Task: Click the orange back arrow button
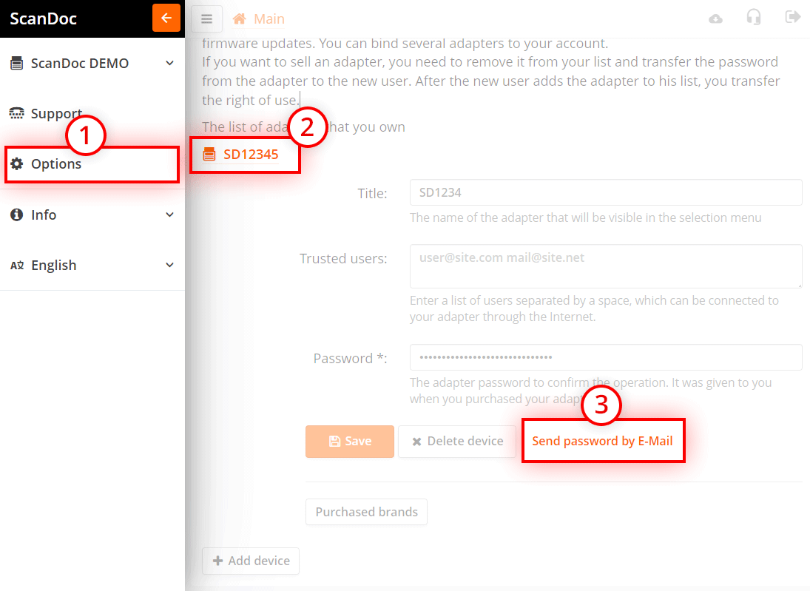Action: pos(166,18)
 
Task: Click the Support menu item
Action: pos(56,114)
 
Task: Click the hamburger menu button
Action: pos(206,19)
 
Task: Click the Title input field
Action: pos(605,192)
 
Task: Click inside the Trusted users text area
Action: pos(605,266)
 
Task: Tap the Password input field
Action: pos(605,357)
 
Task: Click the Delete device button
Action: pos(457,442)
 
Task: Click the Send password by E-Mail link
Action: pos(602,442)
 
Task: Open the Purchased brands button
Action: pos(366,512)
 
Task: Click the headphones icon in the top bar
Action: pos(754,18)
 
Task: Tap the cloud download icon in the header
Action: pos(715,18)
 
